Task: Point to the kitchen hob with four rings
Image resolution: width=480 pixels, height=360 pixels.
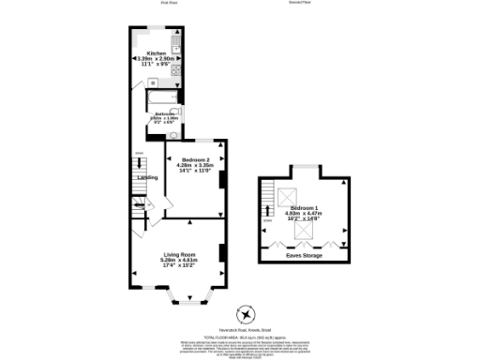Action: [x=175, y=69]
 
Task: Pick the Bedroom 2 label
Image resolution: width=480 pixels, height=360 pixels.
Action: [x=193, y=160]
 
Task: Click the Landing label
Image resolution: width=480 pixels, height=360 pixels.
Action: [x=147, y=176]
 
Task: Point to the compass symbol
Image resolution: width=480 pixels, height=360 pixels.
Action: [x=247, y=313]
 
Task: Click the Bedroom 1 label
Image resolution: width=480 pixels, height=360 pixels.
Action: [x=305, y=207]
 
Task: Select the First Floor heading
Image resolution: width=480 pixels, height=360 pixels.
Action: [x=169, y=3]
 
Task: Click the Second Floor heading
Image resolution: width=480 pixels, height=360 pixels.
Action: [x=299, y=3]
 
